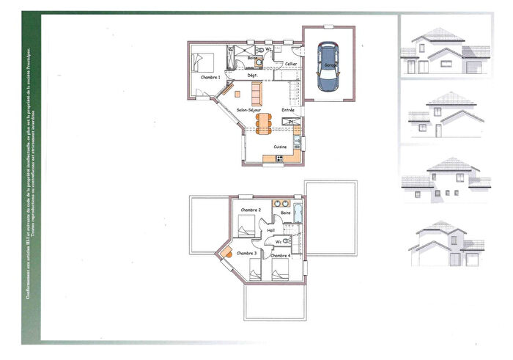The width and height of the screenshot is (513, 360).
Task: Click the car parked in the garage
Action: pos(327,67)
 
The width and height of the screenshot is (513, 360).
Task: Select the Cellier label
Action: pos(291,64)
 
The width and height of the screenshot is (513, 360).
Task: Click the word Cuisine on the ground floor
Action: pos(280,147)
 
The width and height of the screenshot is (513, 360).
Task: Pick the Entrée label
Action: pos(288,109)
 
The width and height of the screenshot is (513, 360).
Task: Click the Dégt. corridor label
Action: pos(251,75)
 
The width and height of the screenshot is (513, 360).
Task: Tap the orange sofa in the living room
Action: pos(256,93)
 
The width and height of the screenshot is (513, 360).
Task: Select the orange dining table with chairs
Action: pos(263,124)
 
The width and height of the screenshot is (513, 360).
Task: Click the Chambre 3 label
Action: pos(246,253)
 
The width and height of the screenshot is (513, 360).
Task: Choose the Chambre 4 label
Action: pos(280,255)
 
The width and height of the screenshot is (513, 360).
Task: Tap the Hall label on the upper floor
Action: pos(271,229)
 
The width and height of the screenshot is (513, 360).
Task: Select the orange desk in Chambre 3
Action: pos(226,252)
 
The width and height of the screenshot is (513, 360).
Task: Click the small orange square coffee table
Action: pos(237,93)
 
